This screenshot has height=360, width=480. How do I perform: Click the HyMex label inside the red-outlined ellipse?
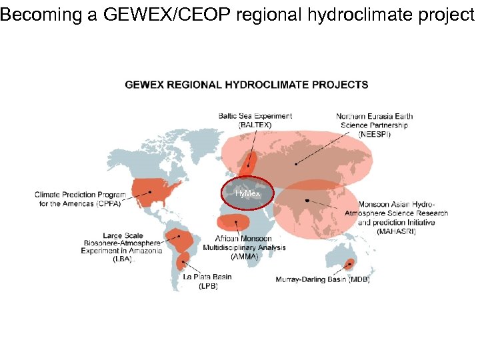pyautogui.click(x=247, y=193)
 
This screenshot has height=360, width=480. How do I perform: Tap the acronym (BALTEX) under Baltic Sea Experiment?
pyautogui.click(x=255, y=125)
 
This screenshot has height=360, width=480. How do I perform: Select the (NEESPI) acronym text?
pyautogui.click(x=375, y=134)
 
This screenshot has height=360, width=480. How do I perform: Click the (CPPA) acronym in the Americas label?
pyautogui.click(x=109, y=203)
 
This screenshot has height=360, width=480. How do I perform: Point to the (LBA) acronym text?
pyautogui.click(x=123, y=259)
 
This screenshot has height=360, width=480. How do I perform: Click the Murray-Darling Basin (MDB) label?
pyautogui.click(x=323, y=280)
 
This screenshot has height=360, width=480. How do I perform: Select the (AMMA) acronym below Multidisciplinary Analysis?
pyautogui.click(x=243, y=256)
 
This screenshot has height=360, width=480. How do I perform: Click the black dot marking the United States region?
pyautogui.click(x=151, y=192)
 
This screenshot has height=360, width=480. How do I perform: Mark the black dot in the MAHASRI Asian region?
pyautogui.click(x=307, y=201)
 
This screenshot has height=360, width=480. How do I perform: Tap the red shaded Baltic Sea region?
pyautogui.click(x=251, y=162)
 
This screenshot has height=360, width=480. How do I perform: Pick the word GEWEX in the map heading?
pyautogui.click(x=144, y=85)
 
